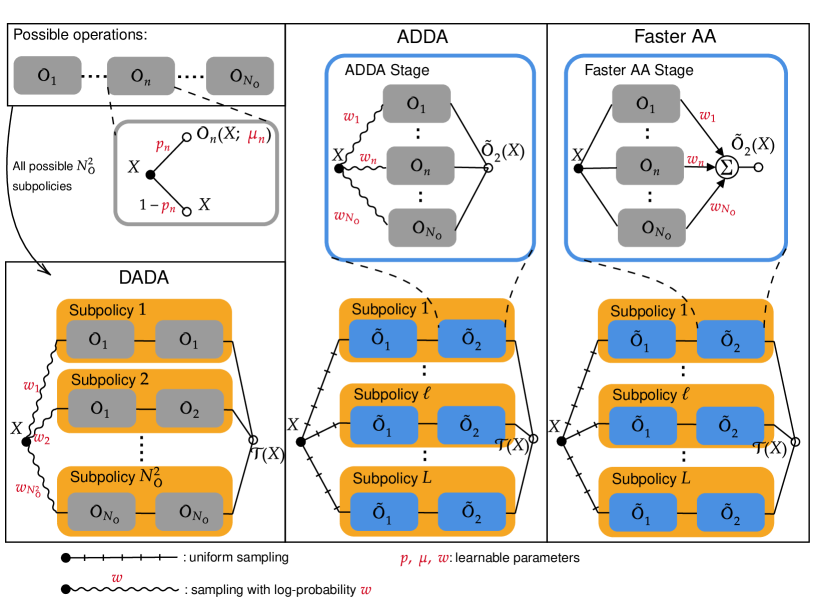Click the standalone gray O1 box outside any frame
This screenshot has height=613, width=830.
[47, 76]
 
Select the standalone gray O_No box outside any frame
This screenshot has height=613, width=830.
[240, 76]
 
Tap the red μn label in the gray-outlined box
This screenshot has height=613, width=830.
[256, 137]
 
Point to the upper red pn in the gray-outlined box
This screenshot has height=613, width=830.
[162, 146]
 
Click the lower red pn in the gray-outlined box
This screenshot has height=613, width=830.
[168, 207]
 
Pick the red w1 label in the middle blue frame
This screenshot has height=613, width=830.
[351, 118]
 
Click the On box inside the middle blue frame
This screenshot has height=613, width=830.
[420, 166]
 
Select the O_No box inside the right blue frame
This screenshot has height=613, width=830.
[651, 228]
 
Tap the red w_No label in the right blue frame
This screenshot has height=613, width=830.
[723, 208]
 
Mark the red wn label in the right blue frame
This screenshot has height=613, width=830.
[694, 160]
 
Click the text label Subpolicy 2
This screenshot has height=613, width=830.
[109, 380]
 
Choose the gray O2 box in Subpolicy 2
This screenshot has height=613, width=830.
[189, 409]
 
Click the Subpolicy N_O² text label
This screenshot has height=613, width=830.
[115, 477]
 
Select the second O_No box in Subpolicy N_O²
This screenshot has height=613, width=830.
[189, 513]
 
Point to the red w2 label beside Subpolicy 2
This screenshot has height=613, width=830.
[41, 438]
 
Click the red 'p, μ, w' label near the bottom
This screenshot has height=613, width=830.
[424, 560]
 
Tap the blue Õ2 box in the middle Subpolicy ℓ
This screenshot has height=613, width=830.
[471, 425]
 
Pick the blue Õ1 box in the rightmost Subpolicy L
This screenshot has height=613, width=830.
[640, 513]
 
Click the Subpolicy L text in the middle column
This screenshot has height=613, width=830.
[392, 478]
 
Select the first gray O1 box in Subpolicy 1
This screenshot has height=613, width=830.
[100, 340]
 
